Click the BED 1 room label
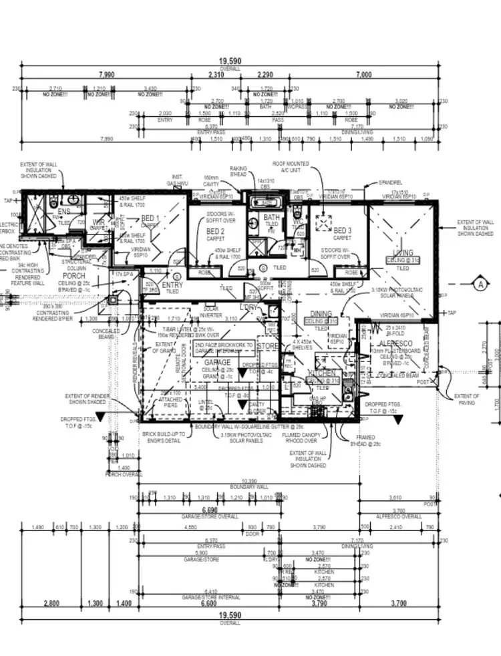click(x=149, y=218)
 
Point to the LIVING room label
click(x=402, y=253)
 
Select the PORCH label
click(x=73, y=275)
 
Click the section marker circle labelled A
click(x=480, y=283)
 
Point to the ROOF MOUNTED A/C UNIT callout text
click(x=287, y=166)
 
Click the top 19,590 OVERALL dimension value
click(x=228, y=60)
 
